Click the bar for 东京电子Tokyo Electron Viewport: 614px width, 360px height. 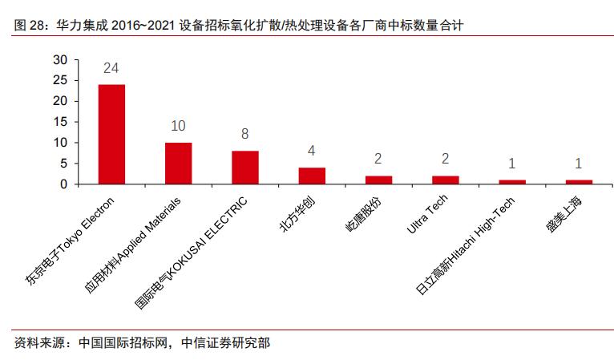click(x=111, y=134)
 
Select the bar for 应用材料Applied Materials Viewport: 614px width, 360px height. click(x=178, y=164)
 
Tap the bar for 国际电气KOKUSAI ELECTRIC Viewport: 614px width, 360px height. click(x=245, y=168)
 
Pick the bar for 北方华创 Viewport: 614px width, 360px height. click(x=312, y=176)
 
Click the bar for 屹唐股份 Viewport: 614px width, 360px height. click(x=378, y=180)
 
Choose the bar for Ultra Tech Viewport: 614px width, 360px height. click(x=445, y=180)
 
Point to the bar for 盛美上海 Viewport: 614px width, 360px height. click(x=579, y=182)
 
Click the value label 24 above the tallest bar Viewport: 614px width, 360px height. click(x=111, y=69)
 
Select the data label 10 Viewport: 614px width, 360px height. click(x=178, y=127)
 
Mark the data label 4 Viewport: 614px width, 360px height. click(x=312, y=152)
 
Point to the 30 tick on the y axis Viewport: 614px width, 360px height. click(x=60, y=60)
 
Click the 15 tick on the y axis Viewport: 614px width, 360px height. click(x=60, y=122)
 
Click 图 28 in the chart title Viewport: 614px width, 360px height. click(x=29, y=26)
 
